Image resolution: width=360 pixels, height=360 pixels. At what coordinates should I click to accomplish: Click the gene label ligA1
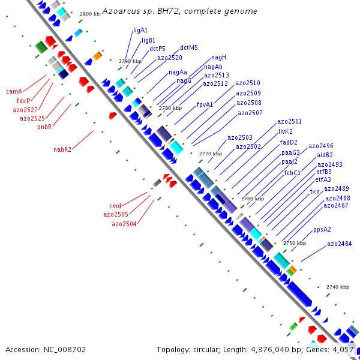coord(140,31)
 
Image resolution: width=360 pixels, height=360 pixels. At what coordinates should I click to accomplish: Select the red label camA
coord(14,91)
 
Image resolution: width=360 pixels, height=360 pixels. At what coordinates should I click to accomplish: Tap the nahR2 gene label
coord(62,149)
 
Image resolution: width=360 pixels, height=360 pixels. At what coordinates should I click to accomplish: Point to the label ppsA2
coord(322,230)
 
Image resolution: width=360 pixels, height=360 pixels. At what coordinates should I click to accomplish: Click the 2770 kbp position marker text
coord(211,154)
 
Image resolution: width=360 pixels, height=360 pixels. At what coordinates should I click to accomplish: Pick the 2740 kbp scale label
coord(338,287)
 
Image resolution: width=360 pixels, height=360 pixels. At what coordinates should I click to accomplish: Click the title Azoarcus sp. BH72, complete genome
coord(179,11)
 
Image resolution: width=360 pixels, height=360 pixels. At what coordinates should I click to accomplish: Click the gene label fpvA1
coord(205,104)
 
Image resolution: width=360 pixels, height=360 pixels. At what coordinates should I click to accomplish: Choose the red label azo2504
coord(124,224)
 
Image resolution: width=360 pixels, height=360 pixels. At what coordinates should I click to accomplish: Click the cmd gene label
coord(115,206)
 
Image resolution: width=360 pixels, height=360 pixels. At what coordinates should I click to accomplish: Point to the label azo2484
coord(340,244)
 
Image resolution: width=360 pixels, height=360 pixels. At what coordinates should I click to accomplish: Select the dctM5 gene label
coord(189,48)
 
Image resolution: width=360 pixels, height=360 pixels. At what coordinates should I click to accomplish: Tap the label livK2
coord(286,131)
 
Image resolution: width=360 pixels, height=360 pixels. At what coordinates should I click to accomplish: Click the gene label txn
coord(315,191)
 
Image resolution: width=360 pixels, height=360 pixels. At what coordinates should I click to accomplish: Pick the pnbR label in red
coord(44,127)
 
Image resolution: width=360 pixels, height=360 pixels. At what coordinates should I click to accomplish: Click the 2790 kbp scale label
coord(130,61)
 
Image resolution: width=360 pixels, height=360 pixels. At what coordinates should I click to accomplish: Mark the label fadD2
coord(289,143)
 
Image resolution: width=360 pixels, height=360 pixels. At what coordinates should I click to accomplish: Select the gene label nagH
coord(218,58)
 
